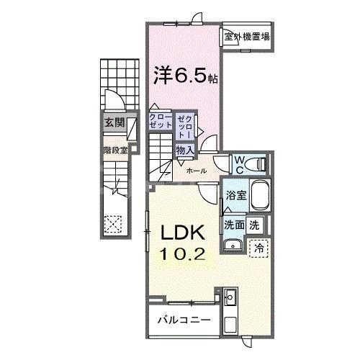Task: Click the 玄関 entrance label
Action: coord(113,122)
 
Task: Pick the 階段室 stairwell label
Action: coord(113,151)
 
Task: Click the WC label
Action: coord(238,163)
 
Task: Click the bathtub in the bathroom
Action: coord(258,196)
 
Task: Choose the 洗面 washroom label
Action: coord(233,224)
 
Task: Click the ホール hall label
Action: coord(197,171)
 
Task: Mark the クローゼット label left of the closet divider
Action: coord(161,120)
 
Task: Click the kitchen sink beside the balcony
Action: coord(231,297)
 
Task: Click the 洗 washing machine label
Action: coord(254,224)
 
